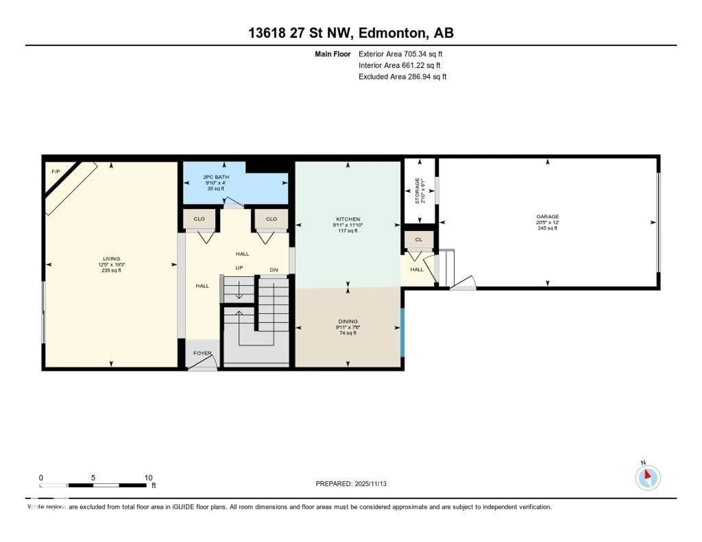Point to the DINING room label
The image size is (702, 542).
click(348, 321)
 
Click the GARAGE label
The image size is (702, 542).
click(547, 217)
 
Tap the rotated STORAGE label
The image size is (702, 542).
click(417, 191)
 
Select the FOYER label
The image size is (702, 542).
click(202, 353)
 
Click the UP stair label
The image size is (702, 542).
click(239, 268)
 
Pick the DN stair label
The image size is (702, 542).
click(273, 270)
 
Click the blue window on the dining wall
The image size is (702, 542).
click(402, 333)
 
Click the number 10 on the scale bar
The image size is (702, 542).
click(148, 478)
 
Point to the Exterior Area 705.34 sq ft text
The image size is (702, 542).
click(400, 54)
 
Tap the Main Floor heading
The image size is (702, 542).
click(332, 54)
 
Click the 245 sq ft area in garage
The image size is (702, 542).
click(547, 228)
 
